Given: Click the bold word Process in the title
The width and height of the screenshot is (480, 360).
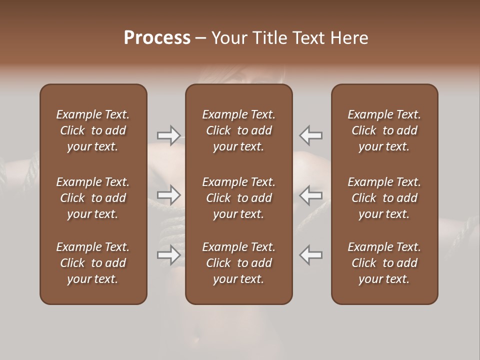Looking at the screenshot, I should tap(157, 38).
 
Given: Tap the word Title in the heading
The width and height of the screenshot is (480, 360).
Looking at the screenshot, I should tap(269, 38).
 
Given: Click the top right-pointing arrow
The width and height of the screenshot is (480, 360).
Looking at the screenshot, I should tap(169, 135).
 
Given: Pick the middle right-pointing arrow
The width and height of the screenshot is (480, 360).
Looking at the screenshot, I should tap(169, 195).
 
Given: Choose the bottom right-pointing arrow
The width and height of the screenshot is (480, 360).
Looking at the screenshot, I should tap(169, 255).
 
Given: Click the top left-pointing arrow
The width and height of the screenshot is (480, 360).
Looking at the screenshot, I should tap(311, 135).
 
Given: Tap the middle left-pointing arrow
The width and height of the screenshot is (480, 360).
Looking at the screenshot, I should tap(311, 195).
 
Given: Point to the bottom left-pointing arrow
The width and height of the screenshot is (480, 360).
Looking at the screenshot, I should tap(311, 255).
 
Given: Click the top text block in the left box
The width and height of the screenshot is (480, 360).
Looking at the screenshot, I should tap(93, 130).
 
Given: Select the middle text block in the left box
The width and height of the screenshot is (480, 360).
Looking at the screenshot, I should tap(93, 198).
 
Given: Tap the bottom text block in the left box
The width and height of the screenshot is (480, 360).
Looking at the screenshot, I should tap(93, 263).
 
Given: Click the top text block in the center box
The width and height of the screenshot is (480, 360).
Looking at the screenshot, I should tap(239, 130).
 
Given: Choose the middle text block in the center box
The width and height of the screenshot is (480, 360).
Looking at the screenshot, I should tap(239, 198).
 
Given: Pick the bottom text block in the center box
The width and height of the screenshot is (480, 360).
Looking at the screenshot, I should tap(239, 263).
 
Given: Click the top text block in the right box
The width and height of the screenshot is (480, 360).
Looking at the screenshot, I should tap(384, 130).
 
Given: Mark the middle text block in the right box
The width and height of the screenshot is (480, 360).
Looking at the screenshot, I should tap(384, 198).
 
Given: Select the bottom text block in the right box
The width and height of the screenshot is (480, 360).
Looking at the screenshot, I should tap(384, 263).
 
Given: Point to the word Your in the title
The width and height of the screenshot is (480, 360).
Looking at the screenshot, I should tap(228, 38).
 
